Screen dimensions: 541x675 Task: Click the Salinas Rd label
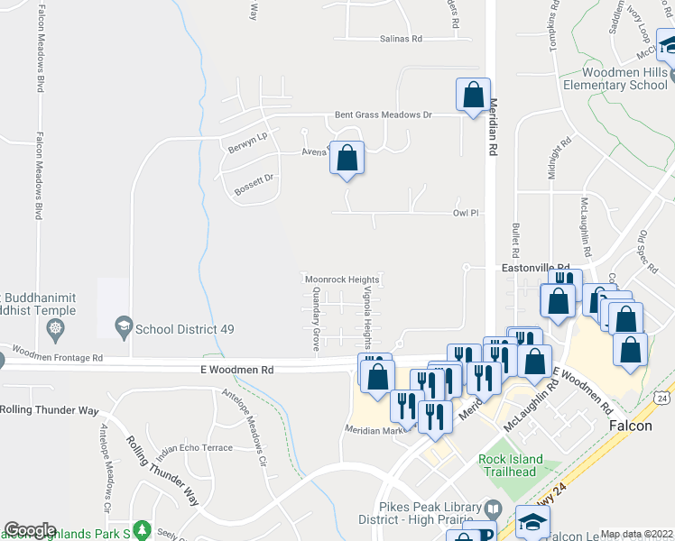pyautogui.click(x=392, y=39)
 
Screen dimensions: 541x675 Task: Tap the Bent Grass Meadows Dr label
pyautogui.click(x=384, y=115)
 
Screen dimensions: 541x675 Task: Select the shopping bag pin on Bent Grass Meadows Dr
pyautogui.click(x=473, y=96)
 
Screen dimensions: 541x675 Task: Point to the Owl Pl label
pyautogui.click(x=463, y=214)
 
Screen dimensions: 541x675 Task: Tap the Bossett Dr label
pyautogui.click(x=254, y=185)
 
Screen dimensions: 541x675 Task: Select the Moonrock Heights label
pyautogui.click(x=341, y=280)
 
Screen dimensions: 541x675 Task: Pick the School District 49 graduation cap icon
pyautogui.click(x=124, y=328)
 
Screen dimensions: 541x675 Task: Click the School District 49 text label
pyautogui.click(x=185, y=329)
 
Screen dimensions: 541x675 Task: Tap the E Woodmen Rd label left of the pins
pyautogui.click(x=236, y=370)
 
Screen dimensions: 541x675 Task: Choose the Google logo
pyautogui.click(x=30, y=530)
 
